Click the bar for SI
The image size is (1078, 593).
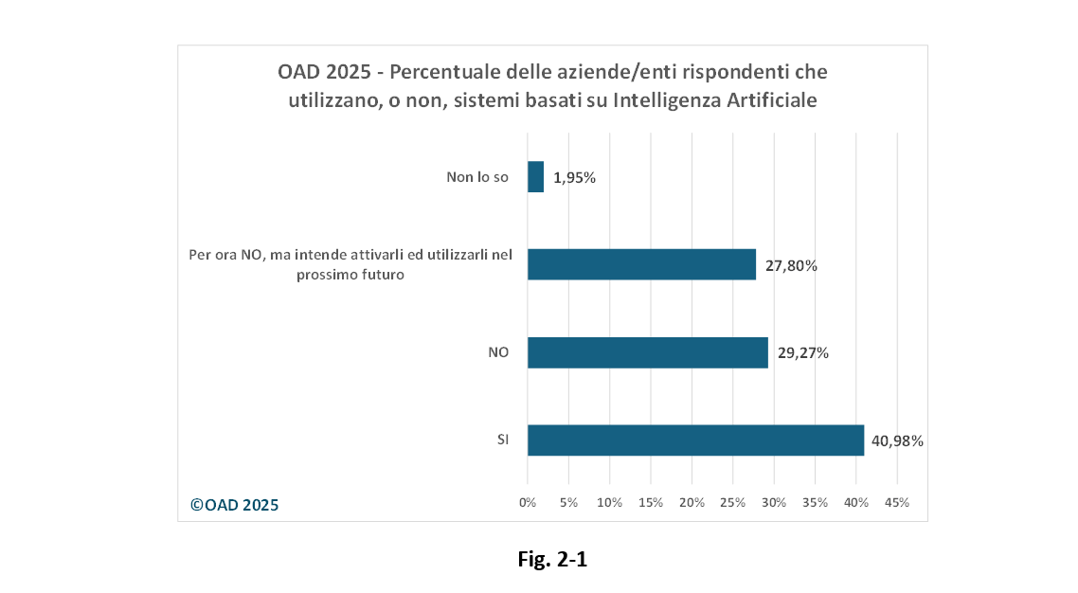tap(695, 440)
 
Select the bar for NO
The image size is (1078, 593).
tap(647, 353)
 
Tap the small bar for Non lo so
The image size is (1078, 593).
tap(535, 177)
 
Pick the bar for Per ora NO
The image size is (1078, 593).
tap(641, 264)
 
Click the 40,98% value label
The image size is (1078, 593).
tap(897, 440)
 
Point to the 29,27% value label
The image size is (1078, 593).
tap(803, 353)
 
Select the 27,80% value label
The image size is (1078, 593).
tap(791, 265)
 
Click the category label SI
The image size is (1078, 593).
tap(503, 440)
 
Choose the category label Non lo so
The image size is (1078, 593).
tap(477, 177)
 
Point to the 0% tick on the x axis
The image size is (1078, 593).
tap(528, 502)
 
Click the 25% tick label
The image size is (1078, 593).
tap(732, 502)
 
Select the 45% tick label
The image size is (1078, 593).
tap(896, 502)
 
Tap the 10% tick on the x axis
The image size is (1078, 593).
tap(609, 502)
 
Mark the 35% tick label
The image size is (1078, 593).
tap(815, 502)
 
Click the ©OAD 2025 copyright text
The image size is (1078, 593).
tap(235, 505)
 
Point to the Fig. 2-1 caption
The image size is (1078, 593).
tap(552, 560)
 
